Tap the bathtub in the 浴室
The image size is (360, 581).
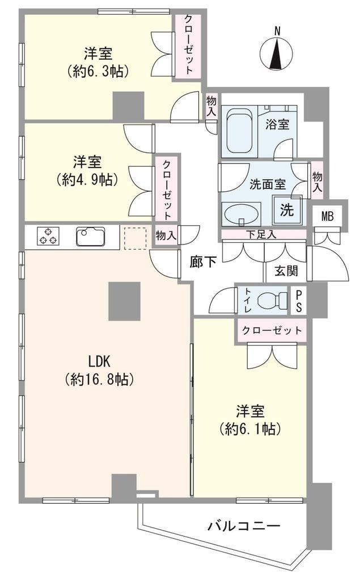tap(238, 131)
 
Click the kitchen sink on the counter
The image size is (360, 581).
tap(91, 236)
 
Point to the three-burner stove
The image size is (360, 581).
tap(48, 236)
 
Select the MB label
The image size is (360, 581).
tap(327, 216)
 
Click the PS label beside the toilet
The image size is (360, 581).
tap(299, 301)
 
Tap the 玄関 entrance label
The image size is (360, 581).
tap(286, 271)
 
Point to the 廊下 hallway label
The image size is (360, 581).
tap(204, 262)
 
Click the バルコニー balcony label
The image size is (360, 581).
tap(243, 525)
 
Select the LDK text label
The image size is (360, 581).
tap(99, 360)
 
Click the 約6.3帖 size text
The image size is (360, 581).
tap(98, 71)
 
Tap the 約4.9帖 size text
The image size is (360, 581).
tap(87, 179)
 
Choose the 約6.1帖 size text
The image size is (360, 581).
tap(251, 428)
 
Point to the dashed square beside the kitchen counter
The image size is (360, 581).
tap(135, 238)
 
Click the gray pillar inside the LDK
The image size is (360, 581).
tap(125, 301)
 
